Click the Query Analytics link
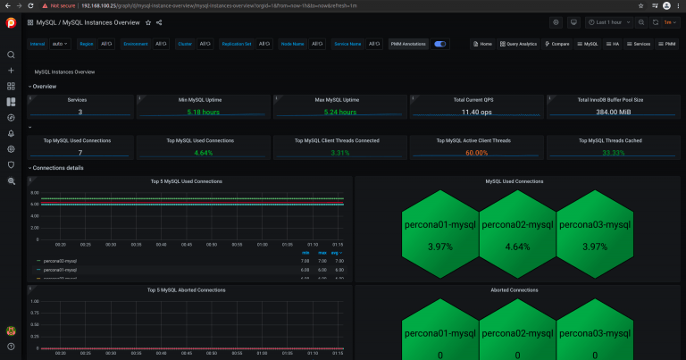pos(518,43)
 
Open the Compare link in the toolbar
pos(556,43)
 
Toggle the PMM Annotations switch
pos(440,43)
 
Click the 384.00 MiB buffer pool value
pos(610,112)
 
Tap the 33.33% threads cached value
pos(610,153)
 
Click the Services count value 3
pos(79,112)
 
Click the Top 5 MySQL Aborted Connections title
pos(186,290)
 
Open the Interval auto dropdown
pos(61,43)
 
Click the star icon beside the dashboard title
pos(147,22)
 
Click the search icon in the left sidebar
pos(11,55)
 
